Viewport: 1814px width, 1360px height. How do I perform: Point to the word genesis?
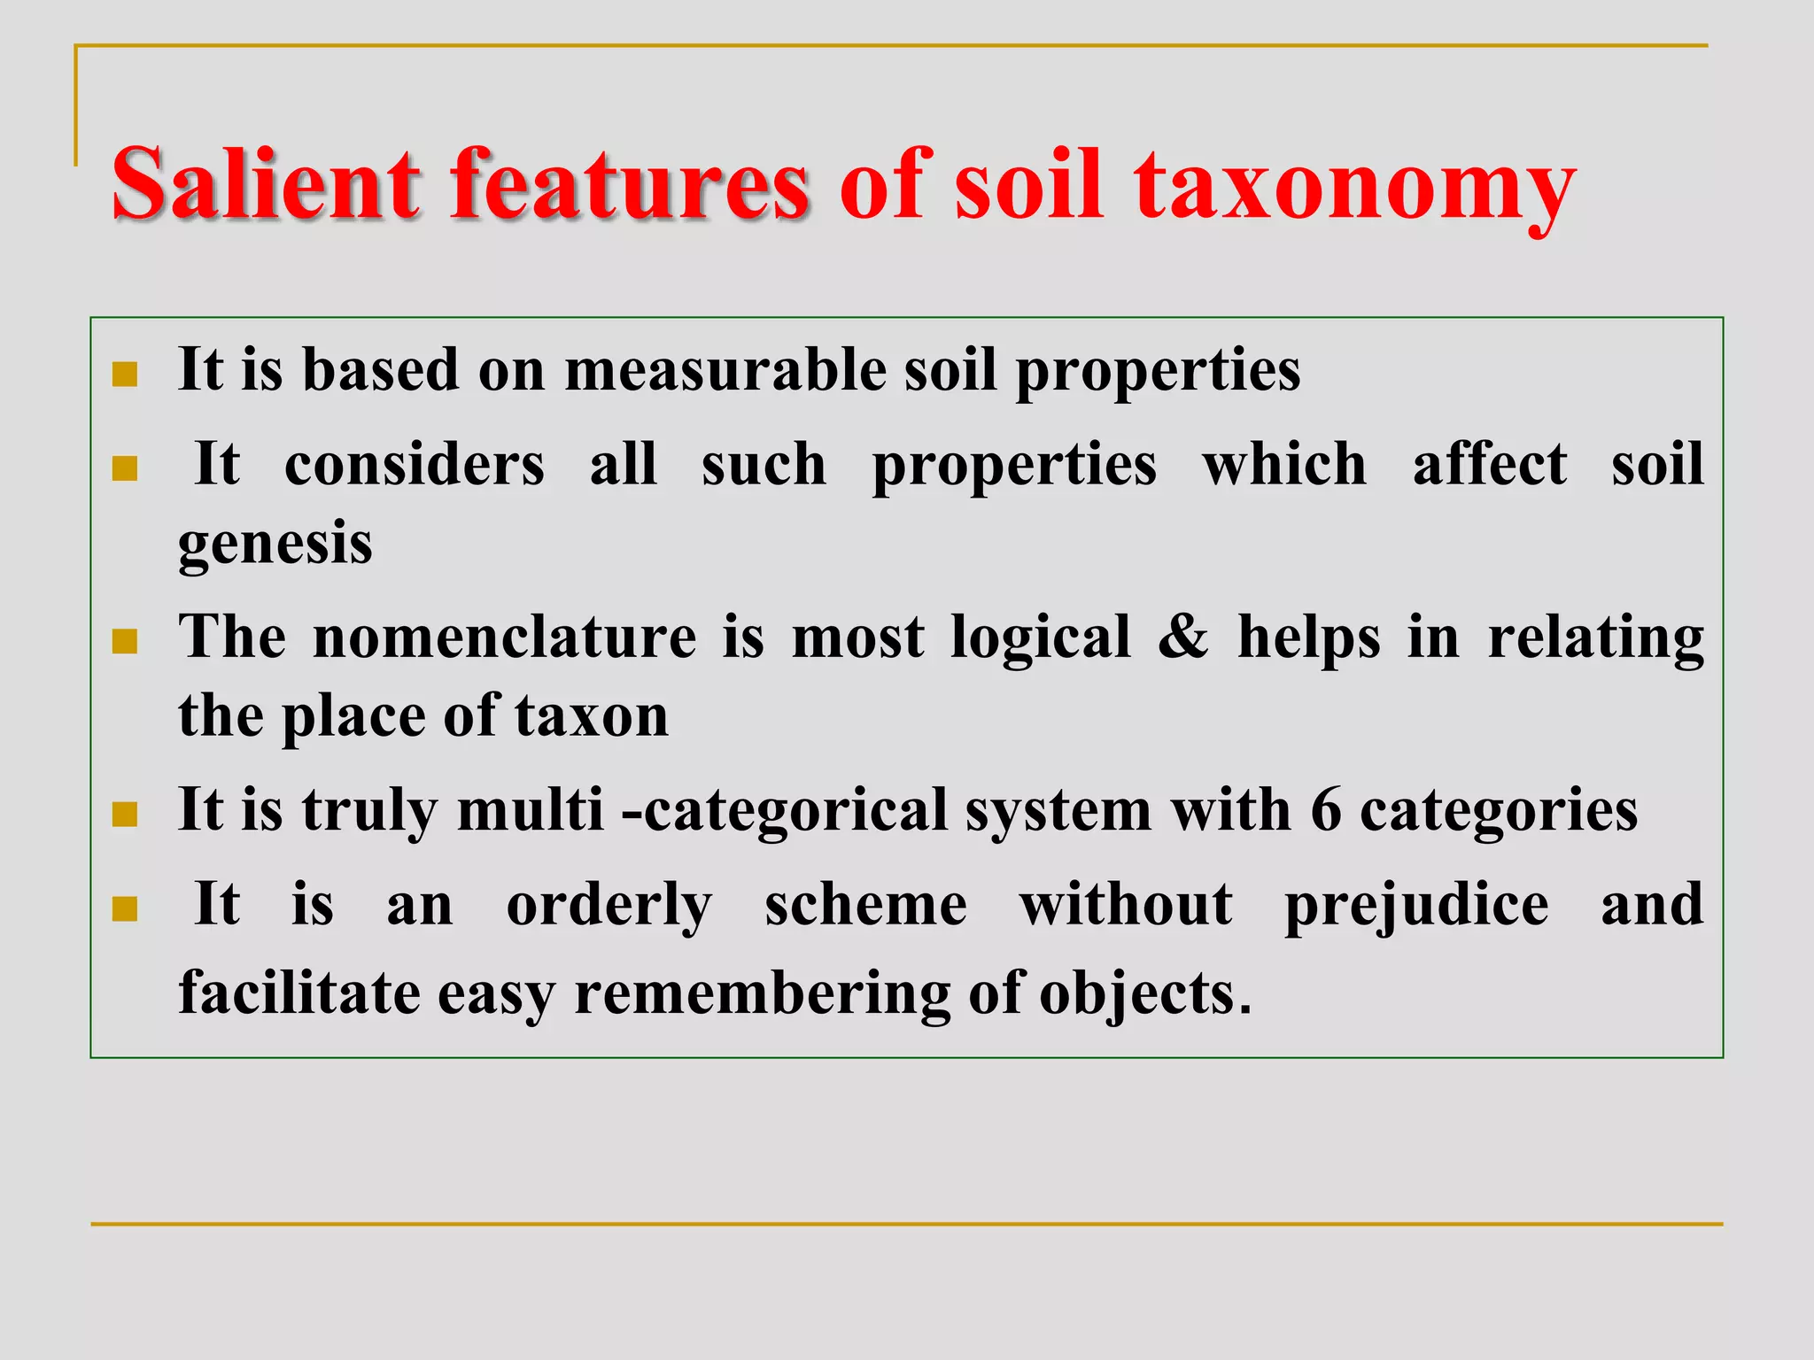tap(275, 545)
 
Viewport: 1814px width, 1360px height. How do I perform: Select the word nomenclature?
tap(505, 637)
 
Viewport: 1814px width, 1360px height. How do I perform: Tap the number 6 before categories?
tap(1325, 809)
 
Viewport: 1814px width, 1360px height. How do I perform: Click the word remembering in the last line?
tap(762, 993)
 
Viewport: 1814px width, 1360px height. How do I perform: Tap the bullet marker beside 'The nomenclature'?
tap(125, 642)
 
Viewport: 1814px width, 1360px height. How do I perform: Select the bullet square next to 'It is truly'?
tap(125, 815)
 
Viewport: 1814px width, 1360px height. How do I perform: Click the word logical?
tap(1040, 637)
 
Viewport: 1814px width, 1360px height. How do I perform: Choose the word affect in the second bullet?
tap(1489, 464)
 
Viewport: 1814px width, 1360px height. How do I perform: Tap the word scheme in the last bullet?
tap(865, 905)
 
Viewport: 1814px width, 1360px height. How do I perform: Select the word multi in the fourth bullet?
tap(530, 809)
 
